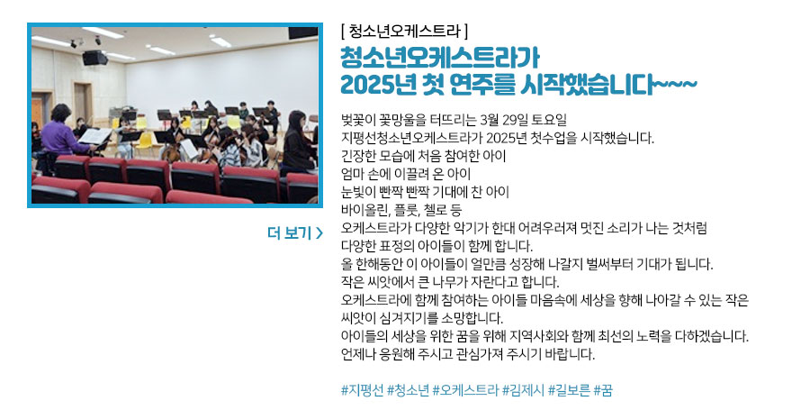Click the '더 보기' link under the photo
tap(295, 233)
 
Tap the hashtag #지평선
tap(362, 390)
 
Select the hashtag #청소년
tap(408, 390)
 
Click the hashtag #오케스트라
tap(465, 390)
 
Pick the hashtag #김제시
tap(523, 390)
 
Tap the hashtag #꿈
tap(603, 390)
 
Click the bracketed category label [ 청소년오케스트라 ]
tap(404, 32)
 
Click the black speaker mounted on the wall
tap(95, 58)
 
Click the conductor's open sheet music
tap(94, 136)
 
